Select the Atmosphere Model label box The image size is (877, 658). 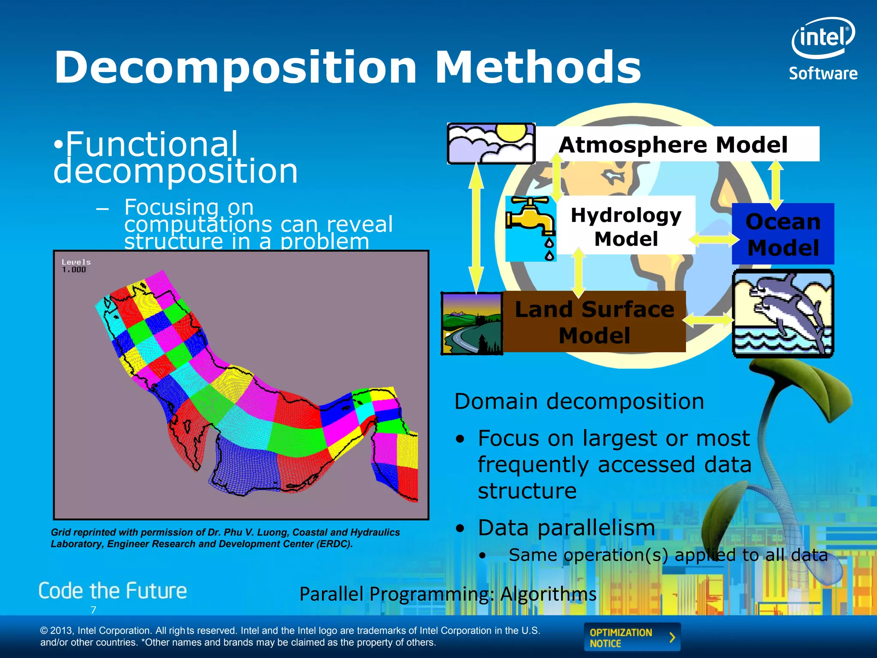point(677,144)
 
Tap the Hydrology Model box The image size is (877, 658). point(626,226)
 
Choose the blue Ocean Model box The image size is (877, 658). point(783,234)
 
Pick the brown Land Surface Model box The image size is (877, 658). point(594,322)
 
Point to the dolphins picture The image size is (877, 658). point(783,314)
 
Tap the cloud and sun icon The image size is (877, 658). point(491,144)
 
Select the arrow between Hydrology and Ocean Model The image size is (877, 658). point(713,239)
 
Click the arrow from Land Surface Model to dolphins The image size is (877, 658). point(709,320)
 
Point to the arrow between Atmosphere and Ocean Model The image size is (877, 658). point(776,184)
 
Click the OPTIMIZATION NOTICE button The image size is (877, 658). point(632,637)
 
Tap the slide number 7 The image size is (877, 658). point(93,610)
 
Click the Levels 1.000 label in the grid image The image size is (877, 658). point(76,266)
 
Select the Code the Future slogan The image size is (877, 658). point(113,591)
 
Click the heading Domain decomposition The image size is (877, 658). point(579,401)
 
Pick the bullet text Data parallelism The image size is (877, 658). point(566,527)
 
